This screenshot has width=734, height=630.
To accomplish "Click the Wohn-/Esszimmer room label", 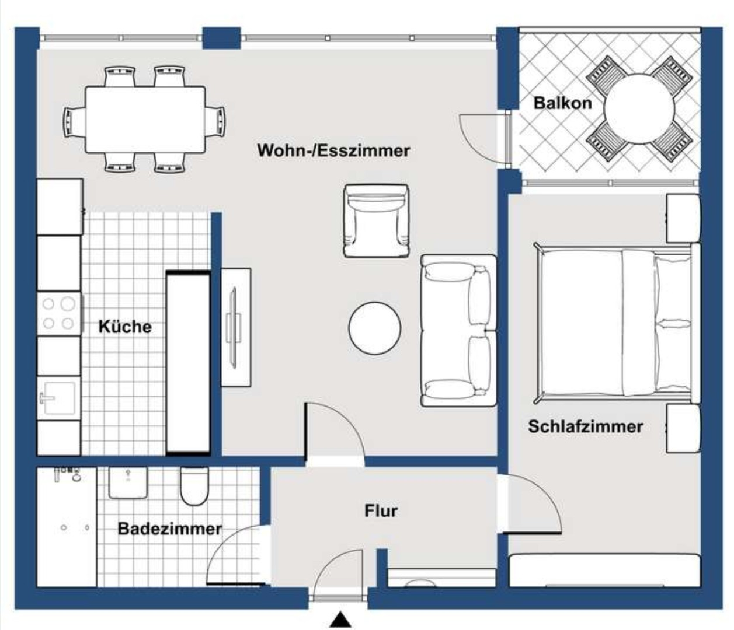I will (x=333, y=150).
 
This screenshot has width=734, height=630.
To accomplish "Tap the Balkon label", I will (x=562, y=103).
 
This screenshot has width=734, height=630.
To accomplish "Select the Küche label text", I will (x=125, y=327).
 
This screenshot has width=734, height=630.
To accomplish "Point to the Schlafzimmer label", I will (x=585, y=426).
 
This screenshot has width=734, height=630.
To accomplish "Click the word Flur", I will (x=381, y=511).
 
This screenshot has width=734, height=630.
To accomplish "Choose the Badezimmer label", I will (x=169, y=529).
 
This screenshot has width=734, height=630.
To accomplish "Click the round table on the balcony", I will (x=639, y=108).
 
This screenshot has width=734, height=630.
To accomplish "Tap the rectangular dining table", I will (x=145, y=120).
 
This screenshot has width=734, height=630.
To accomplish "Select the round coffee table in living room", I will (x=375, y=328).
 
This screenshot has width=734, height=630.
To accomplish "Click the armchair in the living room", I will (x=376, y=220).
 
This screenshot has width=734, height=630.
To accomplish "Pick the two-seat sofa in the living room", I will (x=458, y=330).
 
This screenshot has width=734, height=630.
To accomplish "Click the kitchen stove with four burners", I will (x=59, y=313).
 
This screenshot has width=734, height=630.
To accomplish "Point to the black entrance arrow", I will (x=340, y=619).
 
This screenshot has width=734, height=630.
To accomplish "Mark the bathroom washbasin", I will (x=128, y=482).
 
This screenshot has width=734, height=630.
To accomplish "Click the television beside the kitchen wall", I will (x=235, y=327).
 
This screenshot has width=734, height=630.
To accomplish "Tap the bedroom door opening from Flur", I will (x=531, y=505).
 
